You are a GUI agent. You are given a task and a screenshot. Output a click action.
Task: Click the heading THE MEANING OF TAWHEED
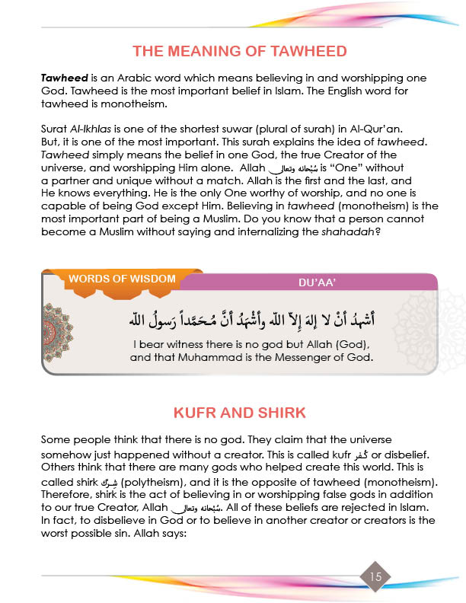tap(239, 52)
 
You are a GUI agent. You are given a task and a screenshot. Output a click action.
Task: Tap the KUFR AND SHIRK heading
tap(239, 413)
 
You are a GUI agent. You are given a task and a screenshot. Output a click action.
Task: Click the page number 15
tap(375, 576)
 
